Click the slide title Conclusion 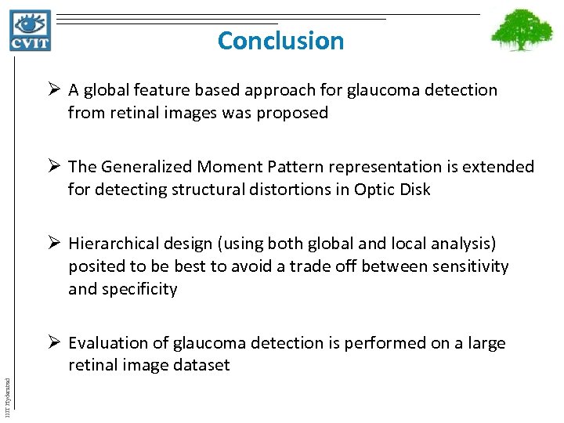pyautogui.click(x=280, y=40)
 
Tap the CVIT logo pyautogui.click(x=30, y=30)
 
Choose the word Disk pyautogui.click(x=414, y=190)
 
